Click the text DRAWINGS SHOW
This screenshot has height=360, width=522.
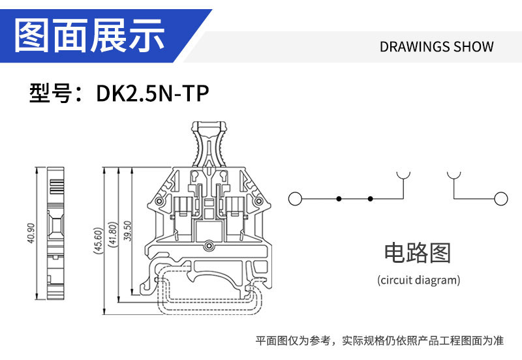[437, 47]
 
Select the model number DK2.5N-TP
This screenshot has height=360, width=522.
[152, 94]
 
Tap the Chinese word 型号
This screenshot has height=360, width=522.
[52, 94]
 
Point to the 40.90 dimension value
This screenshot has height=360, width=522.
[30, 233]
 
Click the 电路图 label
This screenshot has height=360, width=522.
[418, 253]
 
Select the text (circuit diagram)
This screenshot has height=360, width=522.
[418, 280]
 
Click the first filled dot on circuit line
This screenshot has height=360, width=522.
[338, 198]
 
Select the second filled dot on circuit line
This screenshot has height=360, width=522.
[370, 198]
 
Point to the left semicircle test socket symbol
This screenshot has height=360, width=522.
[404, 175]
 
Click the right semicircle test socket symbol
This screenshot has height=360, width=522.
[453, 175]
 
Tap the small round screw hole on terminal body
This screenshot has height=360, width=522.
[209, 246]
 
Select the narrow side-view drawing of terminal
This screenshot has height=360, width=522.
[56, 233]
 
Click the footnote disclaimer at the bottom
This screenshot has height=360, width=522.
[379, 340]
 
